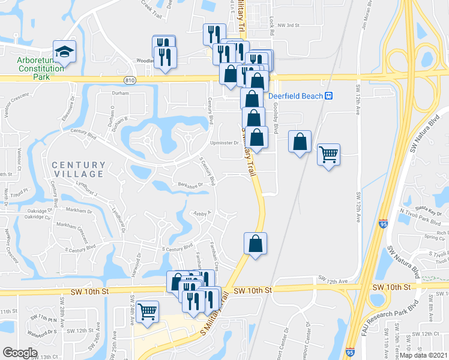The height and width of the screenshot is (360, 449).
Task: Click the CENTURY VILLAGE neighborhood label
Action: pyautogui.click(x=79, y=169)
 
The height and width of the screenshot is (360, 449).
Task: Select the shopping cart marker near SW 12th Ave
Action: pyautogui.click(x=329, y=155)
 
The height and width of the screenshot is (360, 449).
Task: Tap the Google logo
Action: pyautogui.click(x=20, y=353)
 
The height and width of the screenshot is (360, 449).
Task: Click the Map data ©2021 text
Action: pyautogui.click(x=423, y=355)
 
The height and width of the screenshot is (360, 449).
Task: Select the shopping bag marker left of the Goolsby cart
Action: pyautogui.click(x=300, y=142)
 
